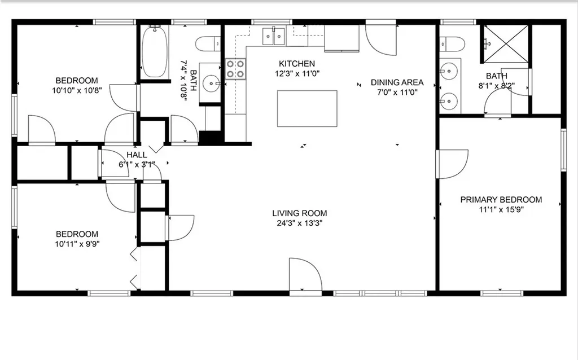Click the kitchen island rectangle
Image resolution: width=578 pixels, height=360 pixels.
tap(307, 108)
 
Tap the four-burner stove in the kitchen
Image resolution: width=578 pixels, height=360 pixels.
tap(235, 68)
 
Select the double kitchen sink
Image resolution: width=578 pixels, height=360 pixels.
tap(274, 36)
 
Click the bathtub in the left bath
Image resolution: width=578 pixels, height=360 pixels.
tap(154, 51)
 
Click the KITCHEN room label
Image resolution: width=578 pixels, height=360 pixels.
tap(297, 64)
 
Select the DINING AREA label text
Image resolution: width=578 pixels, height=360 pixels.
tap(397, 82)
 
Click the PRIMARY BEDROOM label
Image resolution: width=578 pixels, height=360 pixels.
tap(501, 200)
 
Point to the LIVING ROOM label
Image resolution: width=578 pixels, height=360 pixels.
tap(299, 213)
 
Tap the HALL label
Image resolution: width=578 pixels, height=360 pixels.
tap(137, 155)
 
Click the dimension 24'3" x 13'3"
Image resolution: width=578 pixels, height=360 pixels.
tap(299, 223)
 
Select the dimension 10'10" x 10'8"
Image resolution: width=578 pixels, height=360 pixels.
tap(77, 90)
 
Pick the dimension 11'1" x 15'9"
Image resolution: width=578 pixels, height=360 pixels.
tap(501, 209)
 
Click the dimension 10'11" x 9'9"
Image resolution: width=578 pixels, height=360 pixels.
tap(77, 244)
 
